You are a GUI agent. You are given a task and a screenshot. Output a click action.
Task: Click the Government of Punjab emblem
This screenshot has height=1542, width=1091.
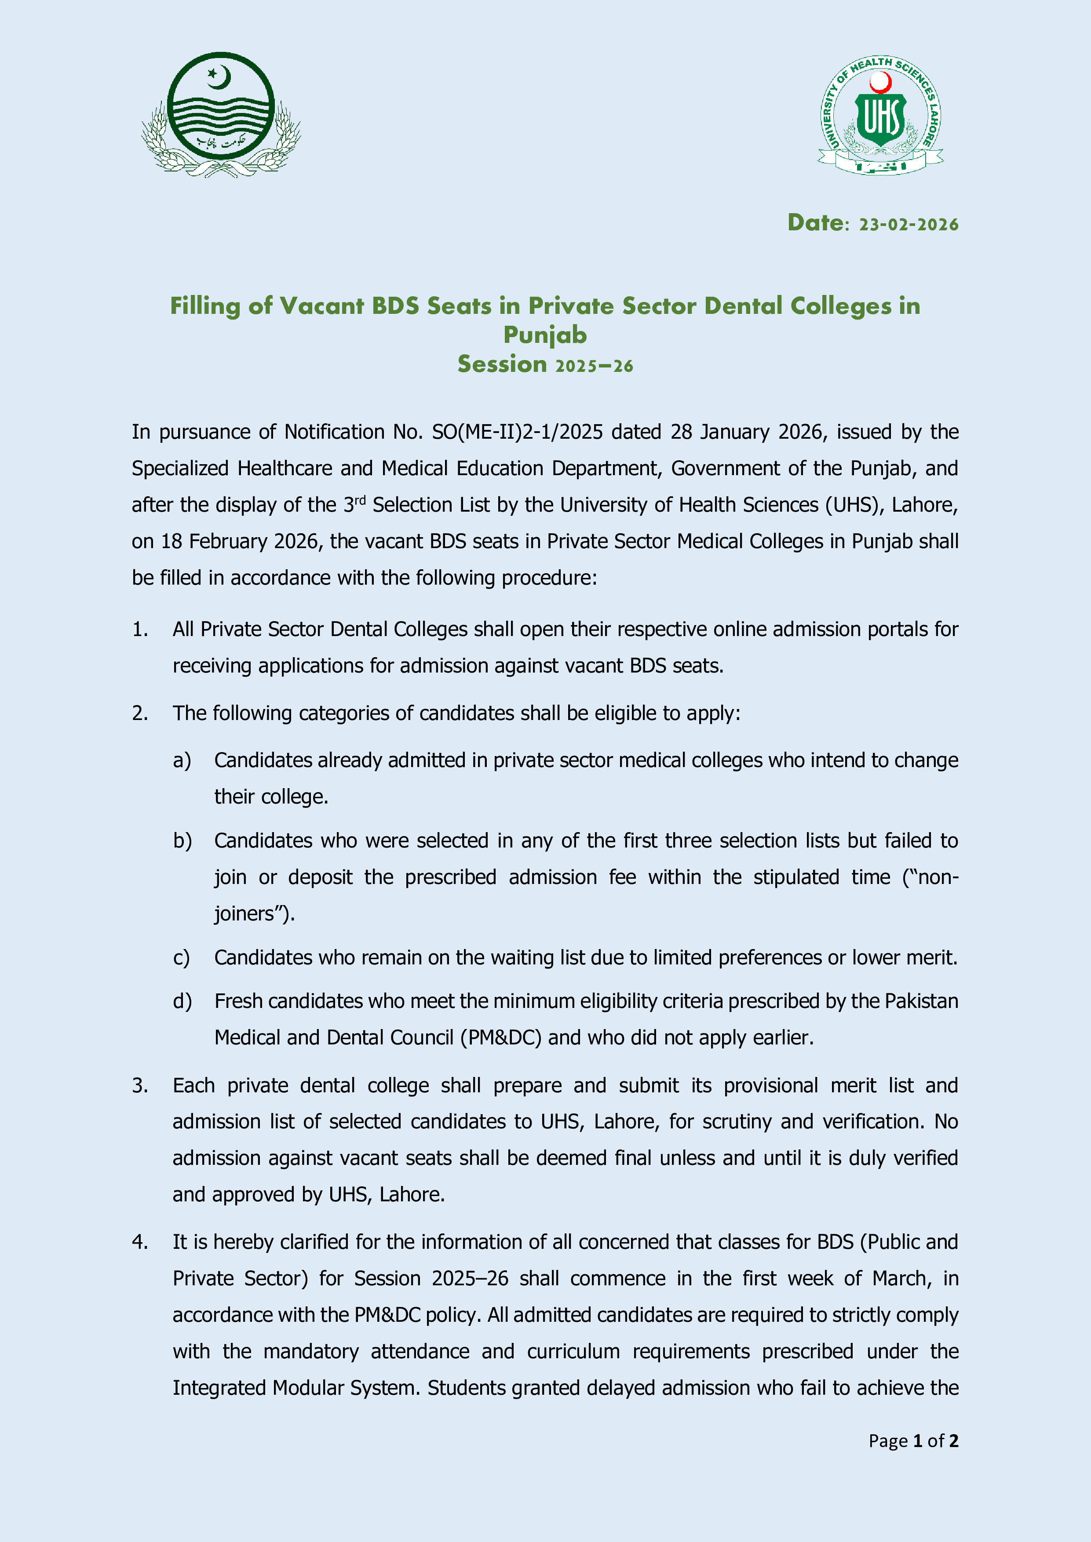point(221,114)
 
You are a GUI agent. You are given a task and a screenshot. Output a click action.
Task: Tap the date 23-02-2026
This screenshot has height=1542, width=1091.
point(908,224)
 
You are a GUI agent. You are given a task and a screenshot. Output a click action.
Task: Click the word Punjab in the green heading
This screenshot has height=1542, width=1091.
point(545,335)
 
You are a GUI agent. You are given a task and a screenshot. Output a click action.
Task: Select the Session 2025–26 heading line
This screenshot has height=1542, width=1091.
point(545,364)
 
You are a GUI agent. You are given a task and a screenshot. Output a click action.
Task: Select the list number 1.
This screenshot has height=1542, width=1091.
point(139,629)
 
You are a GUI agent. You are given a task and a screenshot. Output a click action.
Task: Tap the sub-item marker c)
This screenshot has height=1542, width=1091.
point(181,958)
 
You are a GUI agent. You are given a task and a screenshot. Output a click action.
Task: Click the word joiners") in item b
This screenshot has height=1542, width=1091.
point(254,914)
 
